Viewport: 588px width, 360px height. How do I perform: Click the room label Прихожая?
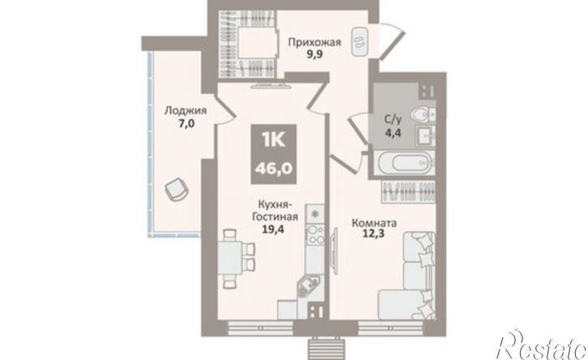tap(315, 42)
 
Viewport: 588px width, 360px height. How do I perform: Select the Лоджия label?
tap(186, 110)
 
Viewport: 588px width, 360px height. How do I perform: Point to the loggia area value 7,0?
tap(186, 124)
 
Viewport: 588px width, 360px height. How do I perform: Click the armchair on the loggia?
tap(176, 190)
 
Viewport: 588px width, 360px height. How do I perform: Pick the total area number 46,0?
tap(273, 169)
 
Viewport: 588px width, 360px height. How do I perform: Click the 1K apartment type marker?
tap(273, 141)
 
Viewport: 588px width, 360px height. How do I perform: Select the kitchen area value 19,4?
tap(273, 229)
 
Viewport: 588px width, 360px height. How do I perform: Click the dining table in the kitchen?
tap(229, 259)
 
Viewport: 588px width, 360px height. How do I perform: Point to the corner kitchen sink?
tap(309, 286)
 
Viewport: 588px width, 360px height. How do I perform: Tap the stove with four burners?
tap(315, 234)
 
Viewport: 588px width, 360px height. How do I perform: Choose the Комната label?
tap(374, 224)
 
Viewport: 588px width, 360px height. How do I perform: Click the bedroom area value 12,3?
tap(374, 235)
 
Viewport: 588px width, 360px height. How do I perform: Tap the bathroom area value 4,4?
tap(393, 132)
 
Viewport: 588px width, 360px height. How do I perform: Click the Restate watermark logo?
tap(542, 345)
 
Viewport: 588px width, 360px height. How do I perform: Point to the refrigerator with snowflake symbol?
tap(315, 214)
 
